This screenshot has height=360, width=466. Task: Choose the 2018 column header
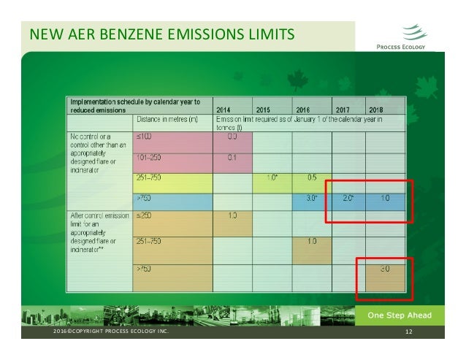380,110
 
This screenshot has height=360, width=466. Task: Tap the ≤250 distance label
145,215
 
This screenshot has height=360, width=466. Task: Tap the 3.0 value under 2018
383,269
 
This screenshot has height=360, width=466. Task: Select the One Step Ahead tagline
400,315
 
